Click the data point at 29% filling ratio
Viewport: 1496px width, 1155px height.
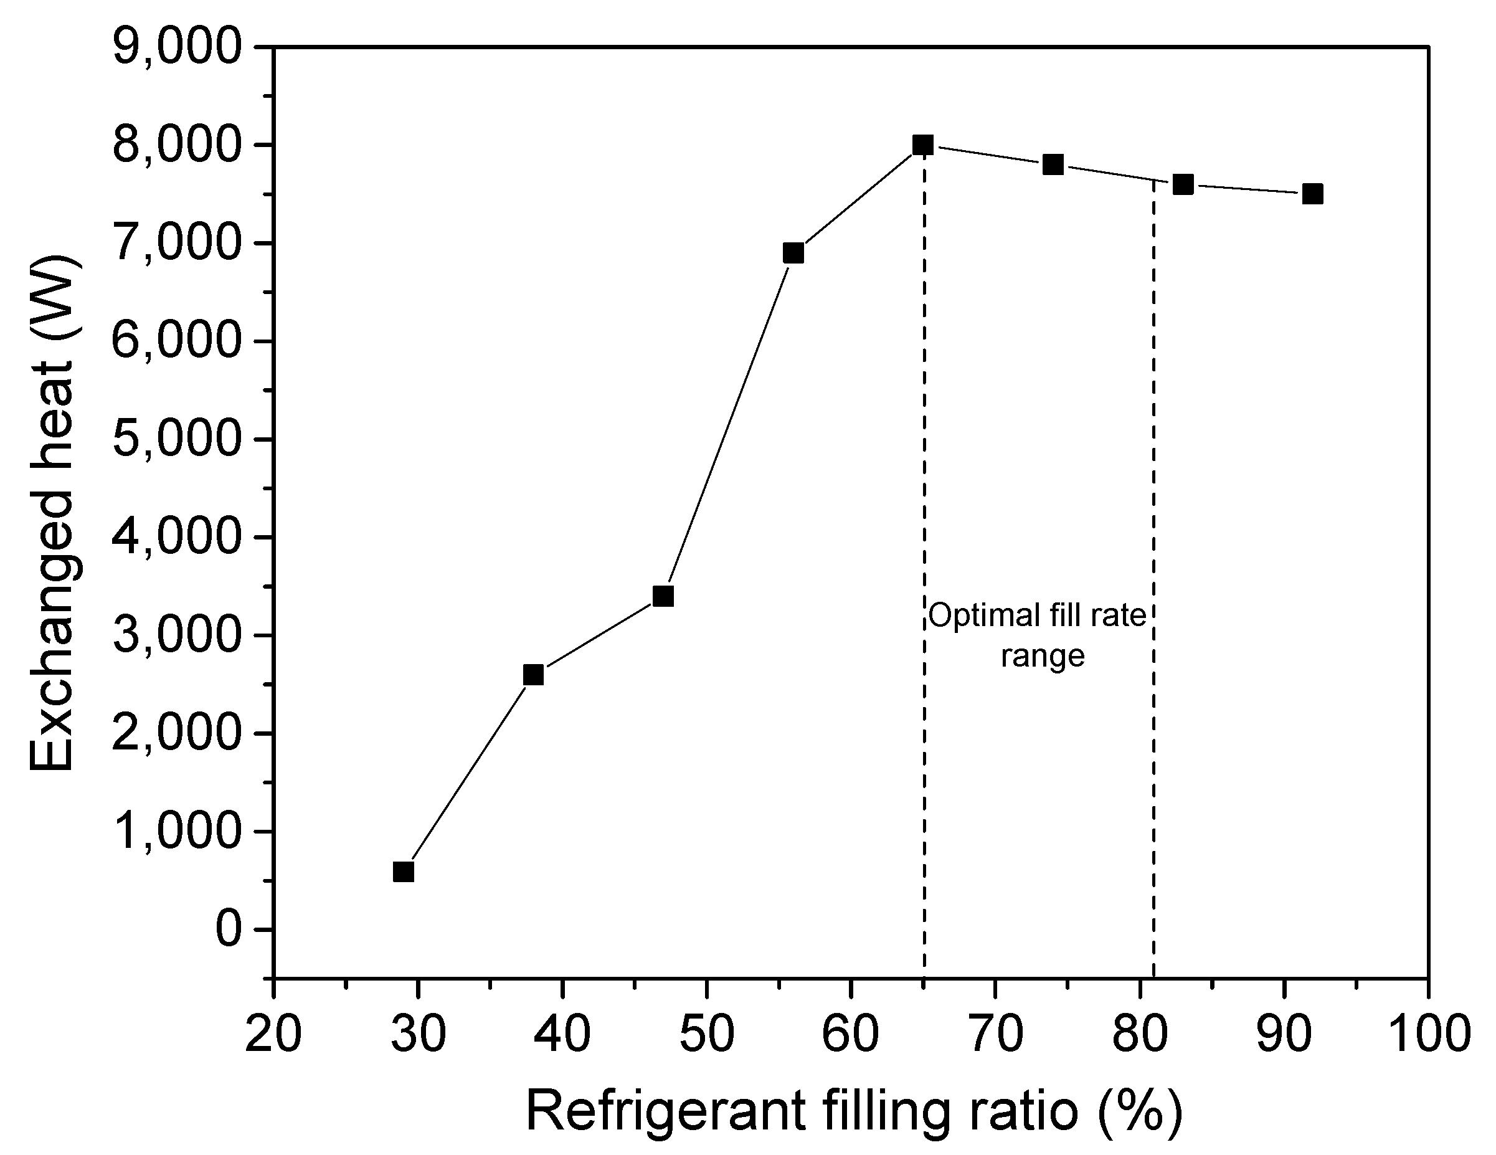404,872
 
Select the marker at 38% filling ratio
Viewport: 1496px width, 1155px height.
533,675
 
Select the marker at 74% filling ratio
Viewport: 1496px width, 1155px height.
1053,164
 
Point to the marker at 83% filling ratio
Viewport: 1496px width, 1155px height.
1183,184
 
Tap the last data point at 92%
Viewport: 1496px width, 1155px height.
1312,194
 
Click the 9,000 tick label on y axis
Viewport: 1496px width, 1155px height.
178,49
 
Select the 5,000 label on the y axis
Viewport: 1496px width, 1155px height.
178,440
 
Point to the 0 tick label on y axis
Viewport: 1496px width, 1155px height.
229,929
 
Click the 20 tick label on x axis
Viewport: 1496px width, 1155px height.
273,1033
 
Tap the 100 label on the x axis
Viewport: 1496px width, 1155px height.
1427,1033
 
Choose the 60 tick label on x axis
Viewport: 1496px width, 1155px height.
850,1033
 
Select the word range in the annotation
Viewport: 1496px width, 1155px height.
1043,656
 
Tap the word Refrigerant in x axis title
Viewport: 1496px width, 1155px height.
665,1111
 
